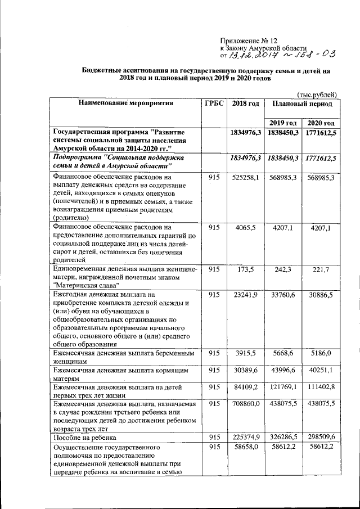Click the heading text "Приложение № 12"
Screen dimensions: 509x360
(x=249, y=41)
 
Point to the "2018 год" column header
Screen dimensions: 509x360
(x=245, y=104)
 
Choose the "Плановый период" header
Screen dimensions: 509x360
(x=301, y=104)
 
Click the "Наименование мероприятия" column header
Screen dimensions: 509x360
(x=125, y=104)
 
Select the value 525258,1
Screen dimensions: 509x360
(x=245, y=178)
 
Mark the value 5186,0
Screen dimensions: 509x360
(x=321, y=354)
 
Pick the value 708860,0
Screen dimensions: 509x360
(x=245, y=404)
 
